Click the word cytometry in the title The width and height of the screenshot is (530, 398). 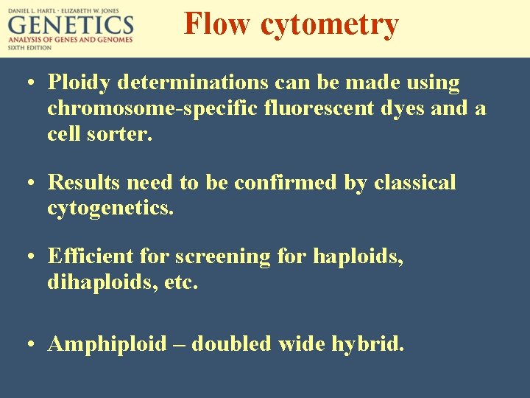[x=329, y=25]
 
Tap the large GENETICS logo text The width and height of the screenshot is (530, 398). [x=71, y=27]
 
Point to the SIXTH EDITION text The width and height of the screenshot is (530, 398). [x=30, y=47]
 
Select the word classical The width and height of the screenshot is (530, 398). [x=415, y=182]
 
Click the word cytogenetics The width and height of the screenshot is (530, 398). [x=110, y=209]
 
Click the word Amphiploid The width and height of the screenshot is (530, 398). [x=107, y=344]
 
